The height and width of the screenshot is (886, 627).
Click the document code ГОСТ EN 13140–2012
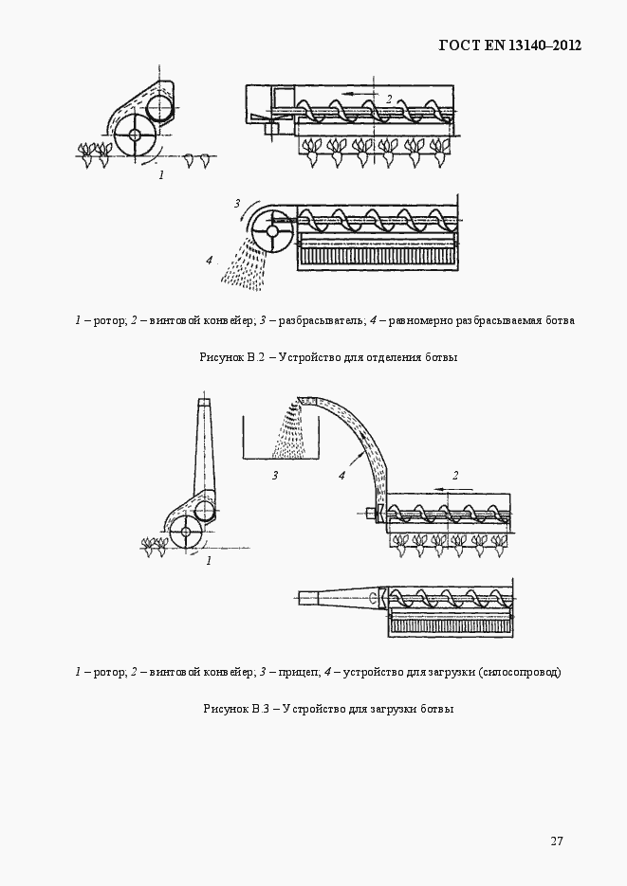click(510, 45)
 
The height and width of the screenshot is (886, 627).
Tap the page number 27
click(556, 841)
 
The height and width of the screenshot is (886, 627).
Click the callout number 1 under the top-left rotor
click(161, 175)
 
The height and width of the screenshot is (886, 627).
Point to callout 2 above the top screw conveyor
click(389, 99)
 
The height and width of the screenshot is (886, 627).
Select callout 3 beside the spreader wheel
click(237, 204)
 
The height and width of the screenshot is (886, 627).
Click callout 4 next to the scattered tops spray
click(210, 261)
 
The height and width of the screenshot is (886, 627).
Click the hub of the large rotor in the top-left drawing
click(135, 136)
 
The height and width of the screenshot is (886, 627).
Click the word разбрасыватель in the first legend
click(320, 321)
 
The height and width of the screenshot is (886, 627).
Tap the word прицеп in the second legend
click(298, 673)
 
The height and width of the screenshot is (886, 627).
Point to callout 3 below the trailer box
click(275, 475)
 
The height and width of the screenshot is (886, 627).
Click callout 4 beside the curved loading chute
click(341, 475)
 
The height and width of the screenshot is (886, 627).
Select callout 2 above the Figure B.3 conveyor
click(455, 475)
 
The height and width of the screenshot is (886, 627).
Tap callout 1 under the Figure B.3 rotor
click(210, 561)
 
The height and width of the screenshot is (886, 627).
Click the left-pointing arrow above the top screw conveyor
click(360, 93)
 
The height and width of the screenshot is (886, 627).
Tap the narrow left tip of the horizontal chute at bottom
click(298, 596)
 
